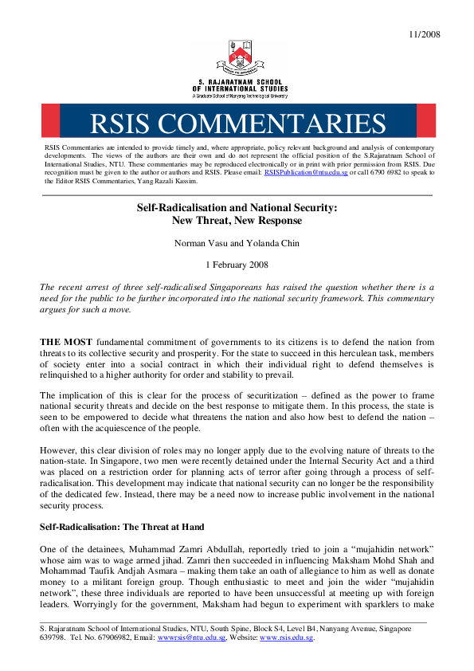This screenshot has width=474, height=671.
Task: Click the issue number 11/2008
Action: click(424, 34)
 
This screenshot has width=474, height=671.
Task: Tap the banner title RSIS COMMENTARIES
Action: click(237, 123)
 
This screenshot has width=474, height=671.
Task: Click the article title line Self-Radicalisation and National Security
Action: click(237, 207)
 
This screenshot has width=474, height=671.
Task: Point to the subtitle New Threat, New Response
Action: click(237, 220)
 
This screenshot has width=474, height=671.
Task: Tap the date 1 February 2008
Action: click(237, 264)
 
